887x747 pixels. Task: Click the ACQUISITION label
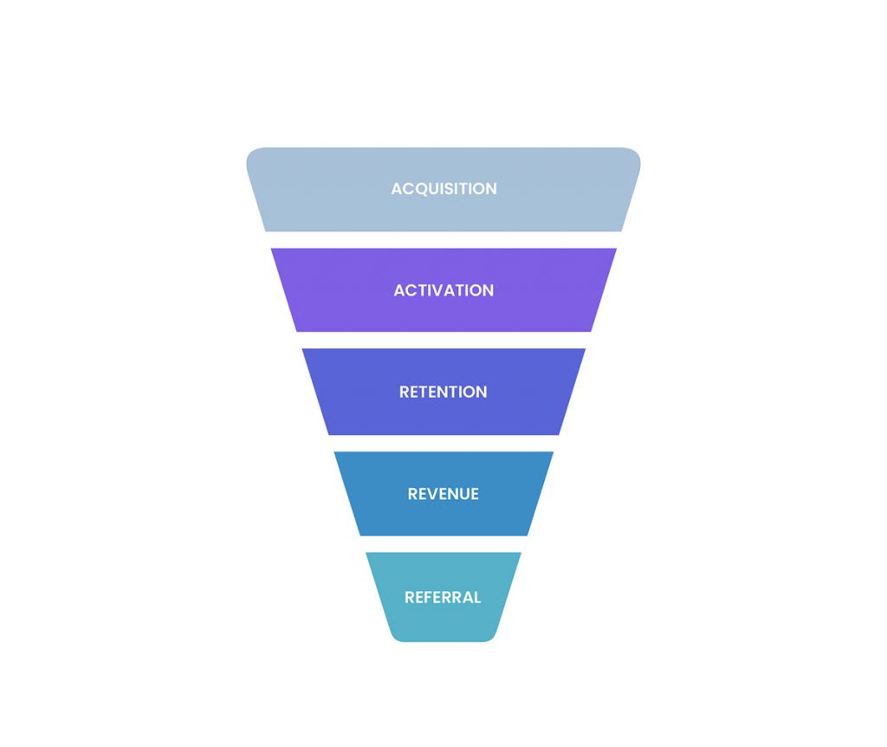443,189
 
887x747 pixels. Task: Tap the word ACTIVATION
443,290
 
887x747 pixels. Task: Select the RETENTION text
443,392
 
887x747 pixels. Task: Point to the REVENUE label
443,494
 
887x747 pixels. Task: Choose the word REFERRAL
443,597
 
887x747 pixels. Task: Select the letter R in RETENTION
405,392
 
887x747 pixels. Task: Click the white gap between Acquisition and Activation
443,240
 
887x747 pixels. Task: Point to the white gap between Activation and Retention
443,341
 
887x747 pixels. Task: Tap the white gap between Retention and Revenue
443,443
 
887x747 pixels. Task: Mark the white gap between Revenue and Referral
443,544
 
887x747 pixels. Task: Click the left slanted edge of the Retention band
316,392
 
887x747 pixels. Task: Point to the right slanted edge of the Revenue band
541,494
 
